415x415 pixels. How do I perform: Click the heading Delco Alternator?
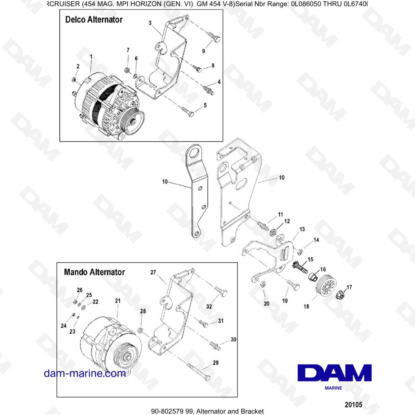click(94, 20)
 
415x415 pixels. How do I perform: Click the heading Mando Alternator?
click(94, 273)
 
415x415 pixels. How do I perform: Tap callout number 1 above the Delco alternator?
click(90, 56)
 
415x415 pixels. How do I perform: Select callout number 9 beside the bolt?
click(204, 51)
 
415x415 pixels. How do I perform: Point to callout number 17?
click(349, 287)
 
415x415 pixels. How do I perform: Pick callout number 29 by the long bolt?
click(215, 363)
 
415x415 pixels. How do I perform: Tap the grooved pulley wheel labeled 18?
click(325, 286)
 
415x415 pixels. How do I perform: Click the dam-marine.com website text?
click(85, 373)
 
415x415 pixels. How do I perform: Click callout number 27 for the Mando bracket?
click(153, 273)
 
